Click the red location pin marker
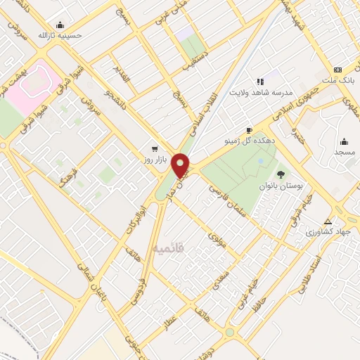point(181,165)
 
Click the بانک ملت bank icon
point(338,70)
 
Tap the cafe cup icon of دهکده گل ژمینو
point(249,131)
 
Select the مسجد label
point(344,152)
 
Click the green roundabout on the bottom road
point(229,333)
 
